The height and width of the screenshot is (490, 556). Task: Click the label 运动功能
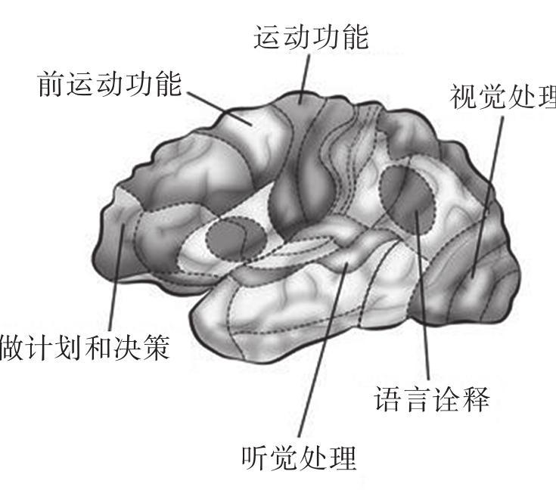[x=311, y=37]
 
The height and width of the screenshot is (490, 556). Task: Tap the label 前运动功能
[x=110, y=84]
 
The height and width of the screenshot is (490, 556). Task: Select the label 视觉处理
[x=503, y=97]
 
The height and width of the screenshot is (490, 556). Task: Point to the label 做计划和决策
[x=85, y=348]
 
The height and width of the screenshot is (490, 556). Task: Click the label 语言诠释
[x=432, y=399]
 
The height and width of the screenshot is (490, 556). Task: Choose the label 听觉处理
[x=299, y=457]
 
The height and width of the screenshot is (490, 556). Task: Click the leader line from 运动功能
[x=305, y=79]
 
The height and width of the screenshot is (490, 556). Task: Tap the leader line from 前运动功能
[x=219, y=108]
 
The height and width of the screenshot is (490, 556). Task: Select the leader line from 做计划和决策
[x=116, y=277]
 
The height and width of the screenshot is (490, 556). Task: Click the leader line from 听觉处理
[x=323, y=350]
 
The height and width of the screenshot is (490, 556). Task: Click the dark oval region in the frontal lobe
[x=236, y=238]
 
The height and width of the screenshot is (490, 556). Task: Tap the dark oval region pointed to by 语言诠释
[x=407, y=199]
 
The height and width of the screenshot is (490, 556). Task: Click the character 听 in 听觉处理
[x=256, y=457]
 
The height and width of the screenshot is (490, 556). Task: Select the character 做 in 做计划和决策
[x=14, y=348]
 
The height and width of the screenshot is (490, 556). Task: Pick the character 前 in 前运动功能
[x=51, y=84]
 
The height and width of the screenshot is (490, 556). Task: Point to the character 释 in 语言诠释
[x=476, y=399]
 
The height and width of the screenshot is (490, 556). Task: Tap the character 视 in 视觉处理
[x=464, y=97]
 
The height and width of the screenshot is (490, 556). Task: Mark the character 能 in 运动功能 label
[x=355, y=37]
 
